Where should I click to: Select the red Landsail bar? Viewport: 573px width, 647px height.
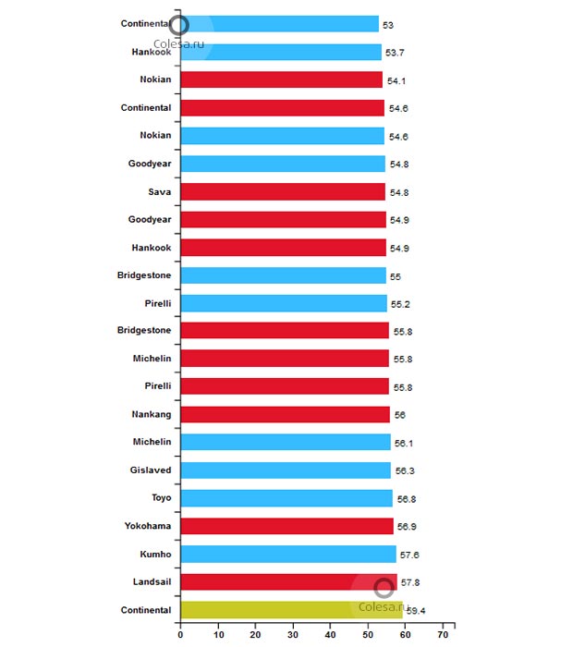tap(288, 582)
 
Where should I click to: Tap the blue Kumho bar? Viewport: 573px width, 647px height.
tap(288, 555)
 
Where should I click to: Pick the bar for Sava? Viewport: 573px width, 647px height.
tap(283, 191)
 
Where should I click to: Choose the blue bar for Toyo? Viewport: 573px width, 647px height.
tap(286, 498)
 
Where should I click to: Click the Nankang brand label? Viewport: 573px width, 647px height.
tap(152, 414)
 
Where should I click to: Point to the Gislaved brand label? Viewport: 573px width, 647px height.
tap(151, 470)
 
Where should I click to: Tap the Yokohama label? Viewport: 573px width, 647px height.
tap(148, 526)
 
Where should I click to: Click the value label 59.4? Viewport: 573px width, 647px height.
tap(415, 611)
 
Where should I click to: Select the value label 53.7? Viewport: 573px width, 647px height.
tap(395, 53)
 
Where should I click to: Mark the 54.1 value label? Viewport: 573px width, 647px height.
tap(396, 81)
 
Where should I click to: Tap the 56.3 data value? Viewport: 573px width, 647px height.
tap(405, 471)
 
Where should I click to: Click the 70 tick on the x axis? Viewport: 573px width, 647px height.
tap(444, 635)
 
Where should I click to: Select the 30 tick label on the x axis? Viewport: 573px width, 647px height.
tap(293, 635)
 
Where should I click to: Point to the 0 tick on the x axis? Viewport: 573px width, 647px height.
tap(180, 635)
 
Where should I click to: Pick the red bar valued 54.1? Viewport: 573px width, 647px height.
tap(281, 80)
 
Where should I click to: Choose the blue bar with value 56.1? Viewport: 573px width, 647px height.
tap(286, 443)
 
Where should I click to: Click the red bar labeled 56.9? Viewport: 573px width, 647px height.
tap(286, 526)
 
